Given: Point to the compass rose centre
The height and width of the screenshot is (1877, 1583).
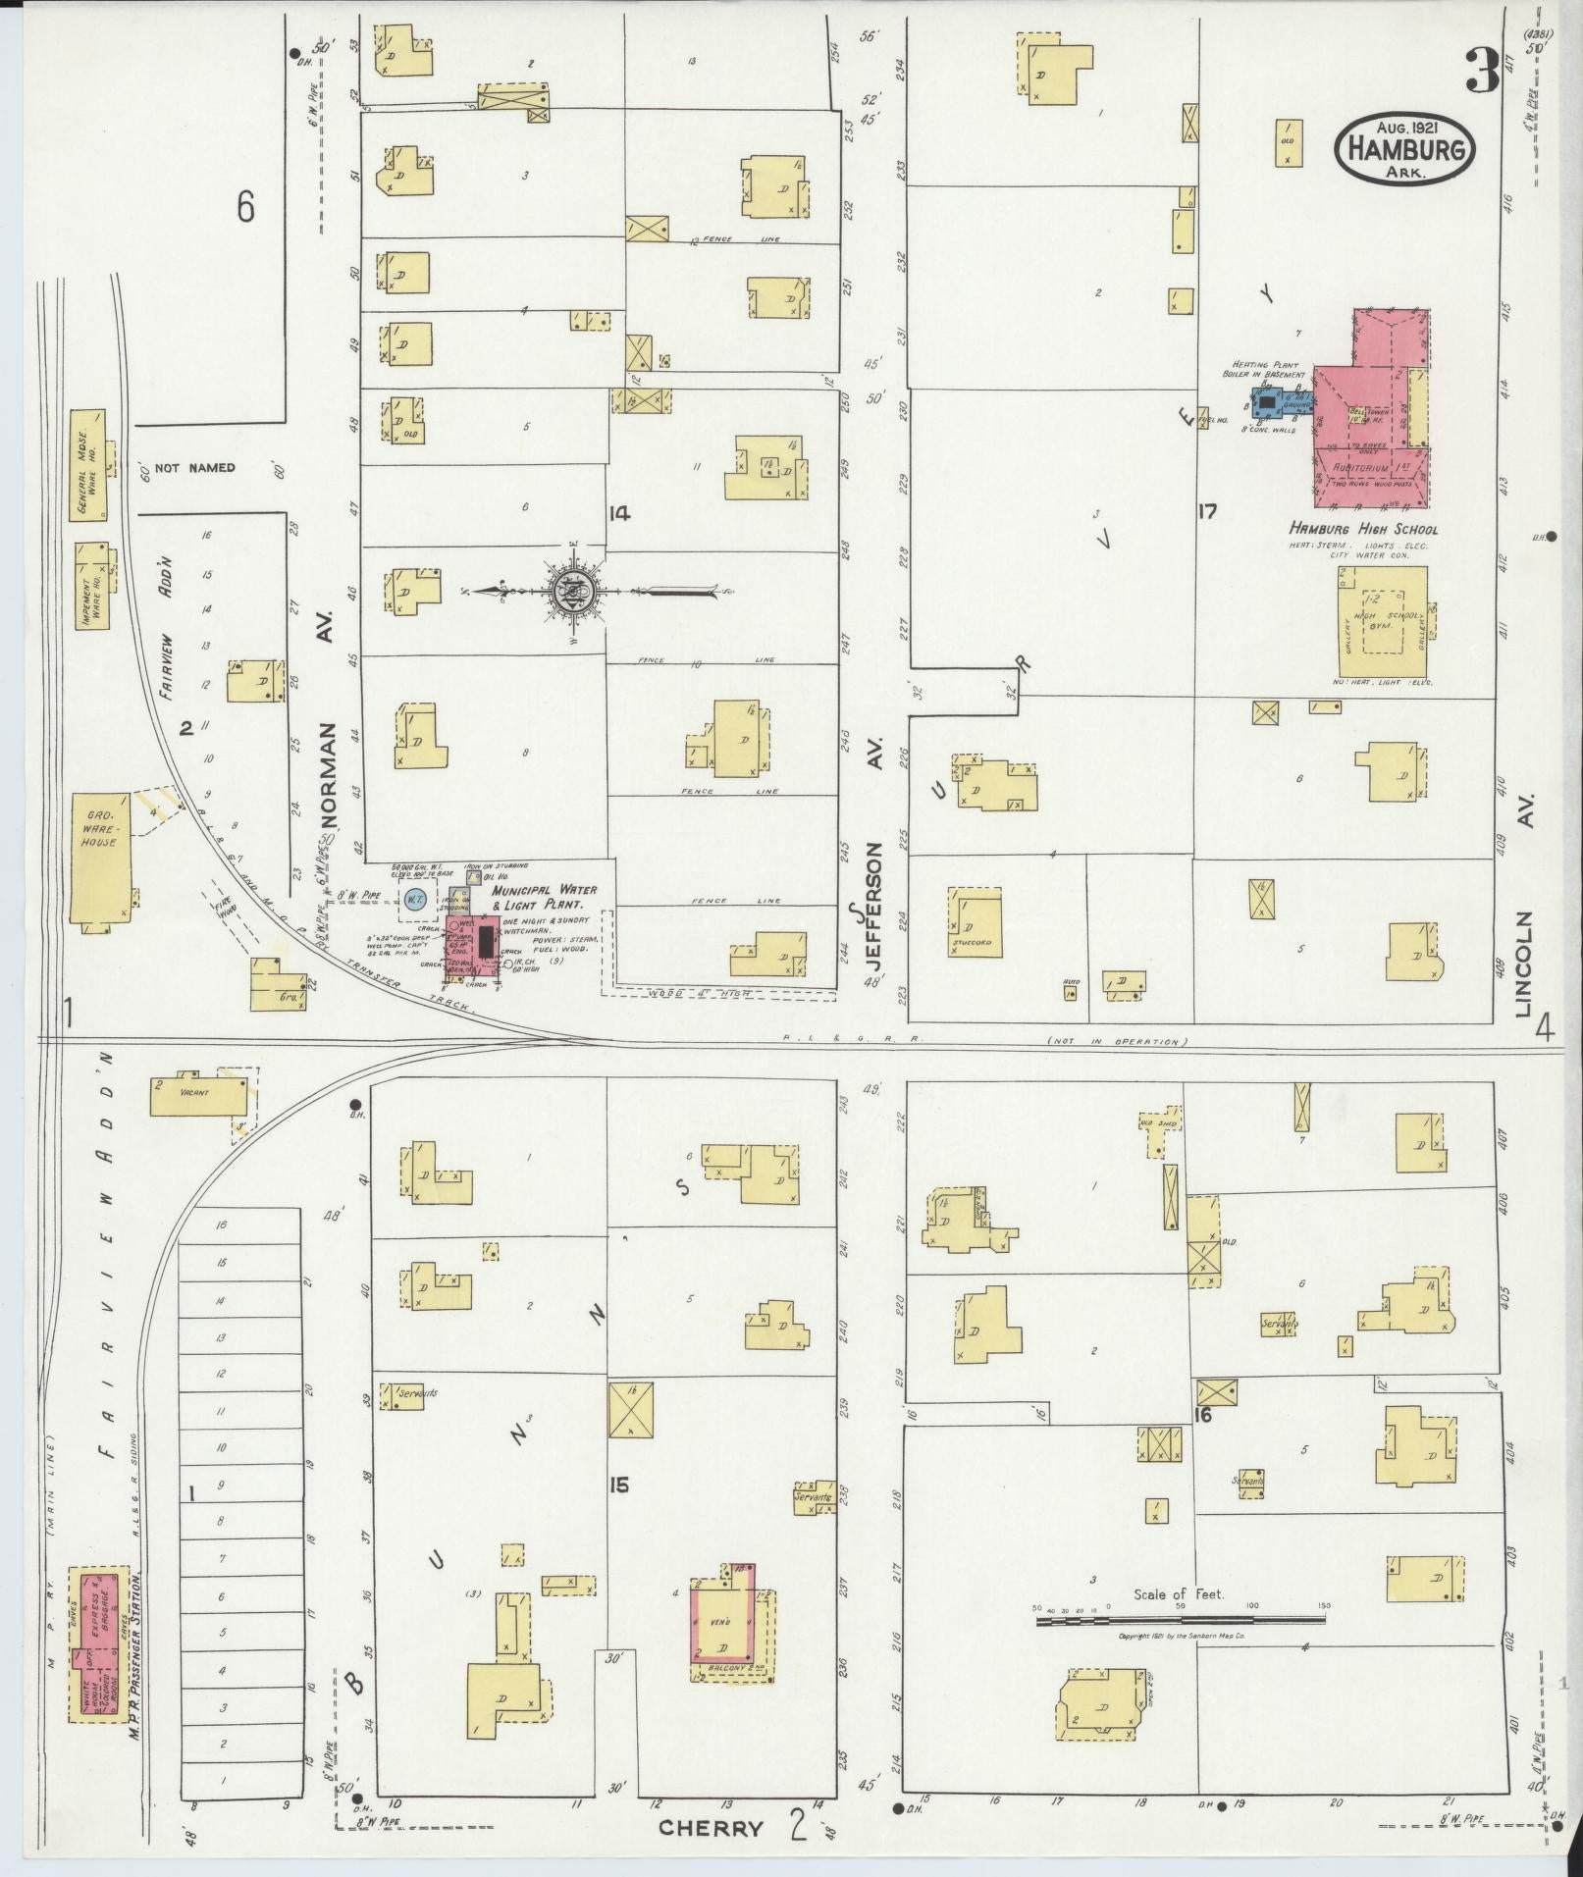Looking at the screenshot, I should (572, 591).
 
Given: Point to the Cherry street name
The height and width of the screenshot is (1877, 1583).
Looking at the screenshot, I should (711, 1828).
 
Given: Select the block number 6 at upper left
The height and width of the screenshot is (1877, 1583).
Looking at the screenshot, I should (245, 208).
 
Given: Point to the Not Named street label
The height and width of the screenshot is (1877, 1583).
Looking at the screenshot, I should (195, 468).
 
